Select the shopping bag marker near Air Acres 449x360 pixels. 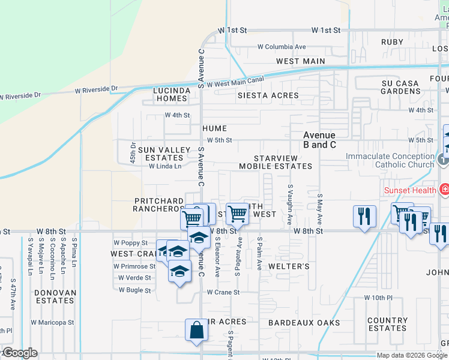196,331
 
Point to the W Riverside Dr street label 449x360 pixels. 20,95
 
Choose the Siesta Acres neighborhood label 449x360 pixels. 268,95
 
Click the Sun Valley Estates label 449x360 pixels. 160,154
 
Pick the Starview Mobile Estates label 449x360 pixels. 276,162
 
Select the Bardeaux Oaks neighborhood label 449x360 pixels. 304,323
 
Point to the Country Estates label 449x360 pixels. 387,325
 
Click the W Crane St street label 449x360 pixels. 223,293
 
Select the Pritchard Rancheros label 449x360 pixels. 158,205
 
